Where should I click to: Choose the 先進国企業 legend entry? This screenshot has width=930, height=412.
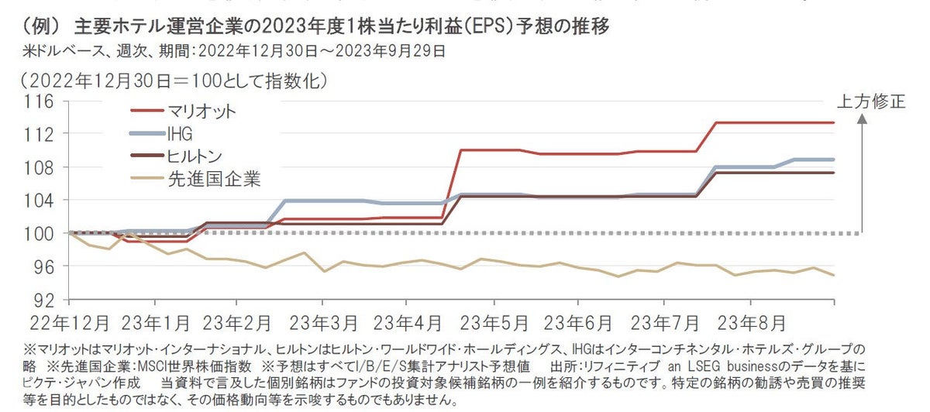coord(214,180)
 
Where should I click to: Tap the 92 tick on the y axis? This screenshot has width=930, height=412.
coord(43,299)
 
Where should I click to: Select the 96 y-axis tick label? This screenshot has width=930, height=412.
coord(43,266)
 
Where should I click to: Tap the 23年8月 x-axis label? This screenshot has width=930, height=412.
coord(752,321)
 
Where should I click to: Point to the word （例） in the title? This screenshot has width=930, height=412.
coord(38,27)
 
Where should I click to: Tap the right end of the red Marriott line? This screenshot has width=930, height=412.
coord(833,122)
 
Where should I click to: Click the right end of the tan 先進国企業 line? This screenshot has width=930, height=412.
coord(833,275)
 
